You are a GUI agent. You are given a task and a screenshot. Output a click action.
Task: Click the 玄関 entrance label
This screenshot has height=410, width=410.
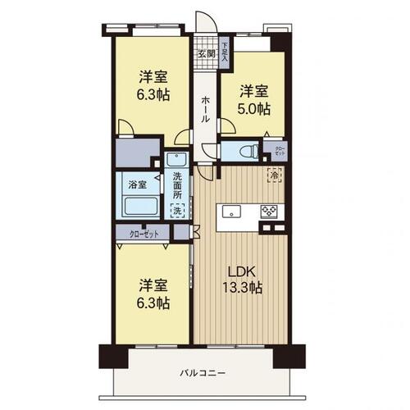205,55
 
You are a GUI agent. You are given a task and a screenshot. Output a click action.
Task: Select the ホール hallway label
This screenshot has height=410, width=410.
204,106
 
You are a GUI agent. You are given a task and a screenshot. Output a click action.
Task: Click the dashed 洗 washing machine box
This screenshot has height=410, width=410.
177,212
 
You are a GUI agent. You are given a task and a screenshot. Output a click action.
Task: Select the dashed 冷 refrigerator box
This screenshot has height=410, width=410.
272,175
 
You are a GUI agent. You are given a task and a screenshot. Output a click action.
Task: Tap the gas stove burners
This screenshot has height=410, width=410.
270,211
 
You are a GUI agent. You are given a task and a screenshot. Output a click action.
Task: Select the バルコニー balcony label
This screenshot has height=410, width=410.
203,374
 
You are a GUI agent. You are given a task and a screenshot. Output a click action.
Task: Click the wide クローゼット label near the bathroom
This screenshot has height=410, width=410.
145,234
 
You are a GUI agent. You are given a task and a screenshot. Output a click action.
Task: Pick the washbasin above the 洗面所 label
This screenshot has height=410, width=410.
176,159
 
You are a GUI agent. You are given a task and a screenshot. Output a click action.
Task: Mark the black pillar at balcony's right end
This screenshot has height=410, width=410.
289,356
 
